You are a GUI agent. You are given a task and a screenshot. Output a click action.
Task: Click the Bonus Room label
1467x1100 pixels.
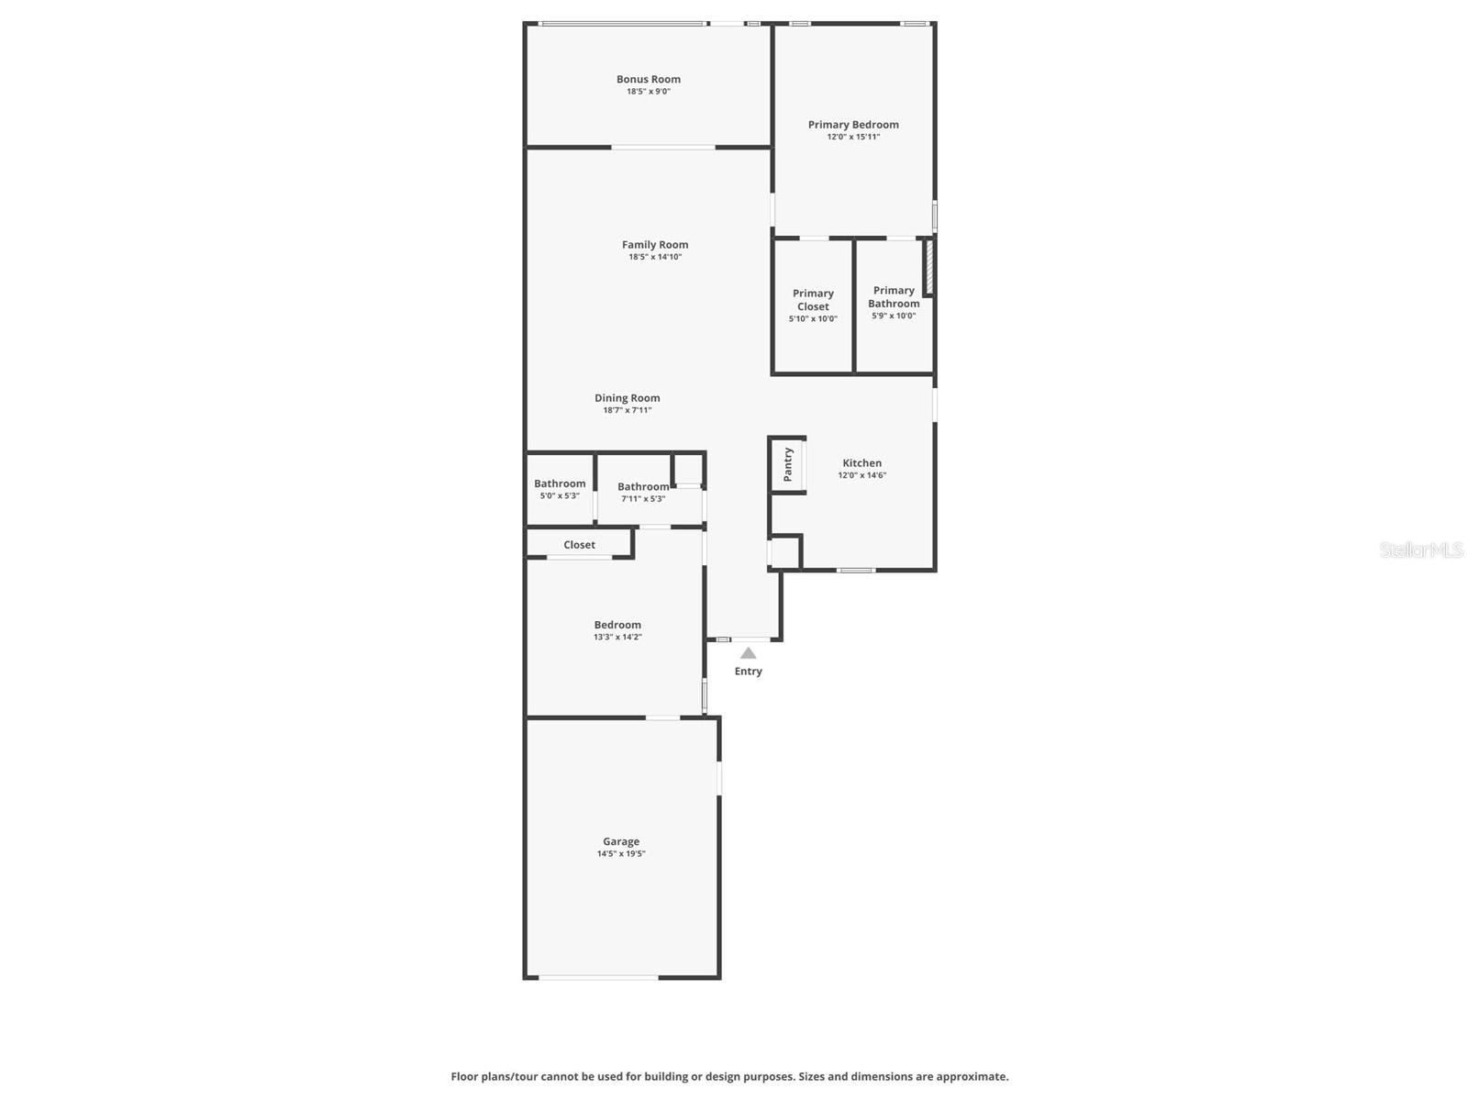(648, 80)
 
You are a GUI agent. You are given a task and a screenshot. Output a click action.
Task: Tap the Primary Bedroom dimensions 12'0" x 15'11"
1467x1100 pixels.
(853, 137)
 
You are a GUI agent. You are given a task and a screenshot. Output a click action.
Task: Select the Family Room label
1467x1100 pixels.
(655, 245)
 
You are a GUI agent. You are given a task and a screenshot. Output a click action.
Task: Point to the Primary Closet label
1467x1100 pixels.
(813, 300)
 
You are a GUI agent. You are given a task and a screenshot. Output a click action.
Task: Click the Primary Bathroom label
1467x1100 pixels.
(894, 297)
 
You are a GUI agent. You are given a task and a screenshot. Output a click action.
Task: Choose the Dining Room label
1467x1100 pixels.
(627, 398)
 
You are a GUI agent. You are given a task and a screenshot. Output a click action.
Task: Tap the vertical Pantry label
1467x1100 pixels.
(788, 465)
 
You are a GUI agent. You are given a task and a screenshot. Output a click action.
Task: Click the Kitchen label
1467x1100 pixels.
(861, 463)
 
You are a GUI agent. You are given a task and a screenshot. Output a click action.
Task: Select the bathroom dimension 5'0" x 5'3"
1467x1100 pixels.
(560, 496)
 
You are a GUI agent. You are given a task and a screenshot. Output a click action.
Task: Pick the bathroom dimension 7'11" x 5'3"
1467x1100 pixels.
(643, 499)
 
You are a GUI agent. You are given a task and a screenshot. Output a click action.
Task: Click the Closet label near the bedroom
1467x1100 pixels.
(579, 545)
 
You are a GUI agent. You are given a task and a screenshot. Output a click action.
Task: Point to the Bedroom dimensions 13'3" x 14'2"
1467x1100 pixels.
(617, 637)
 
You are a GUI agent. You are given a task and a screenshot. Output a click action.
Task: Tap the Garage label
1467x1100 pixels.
(621, 841)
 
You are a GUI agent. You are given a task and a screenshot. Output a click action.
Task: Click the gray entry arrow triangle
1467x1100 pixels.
(749, 653)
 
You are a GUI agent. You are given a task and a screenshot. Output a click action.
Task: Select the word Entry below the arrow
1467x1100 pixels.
(748, 672)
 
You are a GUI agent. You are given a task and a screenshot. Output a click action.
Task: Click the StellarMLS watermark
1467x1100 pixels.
(1421, 550)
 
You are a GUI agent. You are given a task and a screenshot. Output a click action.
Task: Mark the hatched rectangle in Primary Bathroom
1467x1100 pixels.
(928, 267)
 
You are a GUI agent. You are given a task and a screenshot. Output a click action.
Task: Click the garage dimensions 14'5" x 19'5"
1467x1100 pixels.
(621, 854)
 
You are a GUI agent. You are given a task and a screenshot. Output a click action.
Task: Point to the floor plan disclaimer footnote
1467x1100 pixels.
(729, 1077)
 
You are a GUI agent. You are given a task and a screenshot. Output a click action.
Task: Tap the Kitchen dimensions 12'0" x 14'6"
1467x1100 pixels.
(861, 475)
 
